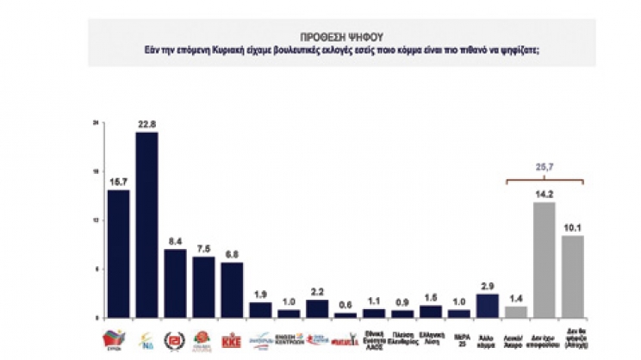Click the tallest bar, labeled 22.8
pos(146,224)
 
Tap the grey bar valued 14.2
pos(545,259)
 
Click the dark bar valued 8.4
pos(175,282)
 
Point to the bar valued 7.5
pos(203,286)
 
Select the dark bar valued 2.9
pos(488,305)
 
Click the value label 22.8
pos(146,124)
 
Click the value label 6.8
pos(232,254)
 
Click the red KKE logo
pos(232,338)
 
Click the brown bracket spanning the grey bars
pos(545,177)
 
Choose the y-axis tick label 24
pos(96,123)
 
